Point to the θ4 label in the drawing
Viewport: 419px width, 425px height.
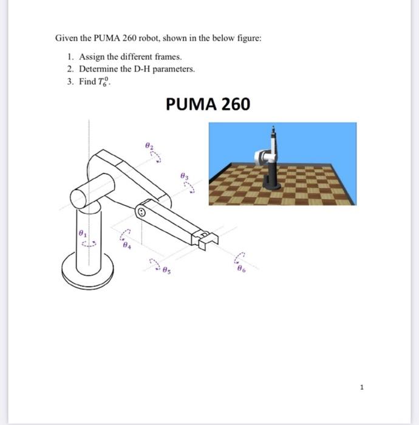tap(126, 246)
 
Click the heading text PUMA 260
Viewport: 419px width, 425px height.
tap(207, 105)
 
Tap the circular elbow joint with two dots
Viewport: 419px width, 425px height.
tap(141, 212)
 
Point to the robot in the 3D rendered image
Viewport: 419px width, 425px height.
tap(270, 161)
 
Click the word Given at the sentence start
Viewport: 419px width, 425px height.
tap(66, 38)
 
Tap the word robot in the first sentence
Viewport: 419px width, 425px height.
tap(149, 38)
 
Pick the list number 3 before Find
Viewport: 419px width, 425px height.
tap(70, 81)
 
